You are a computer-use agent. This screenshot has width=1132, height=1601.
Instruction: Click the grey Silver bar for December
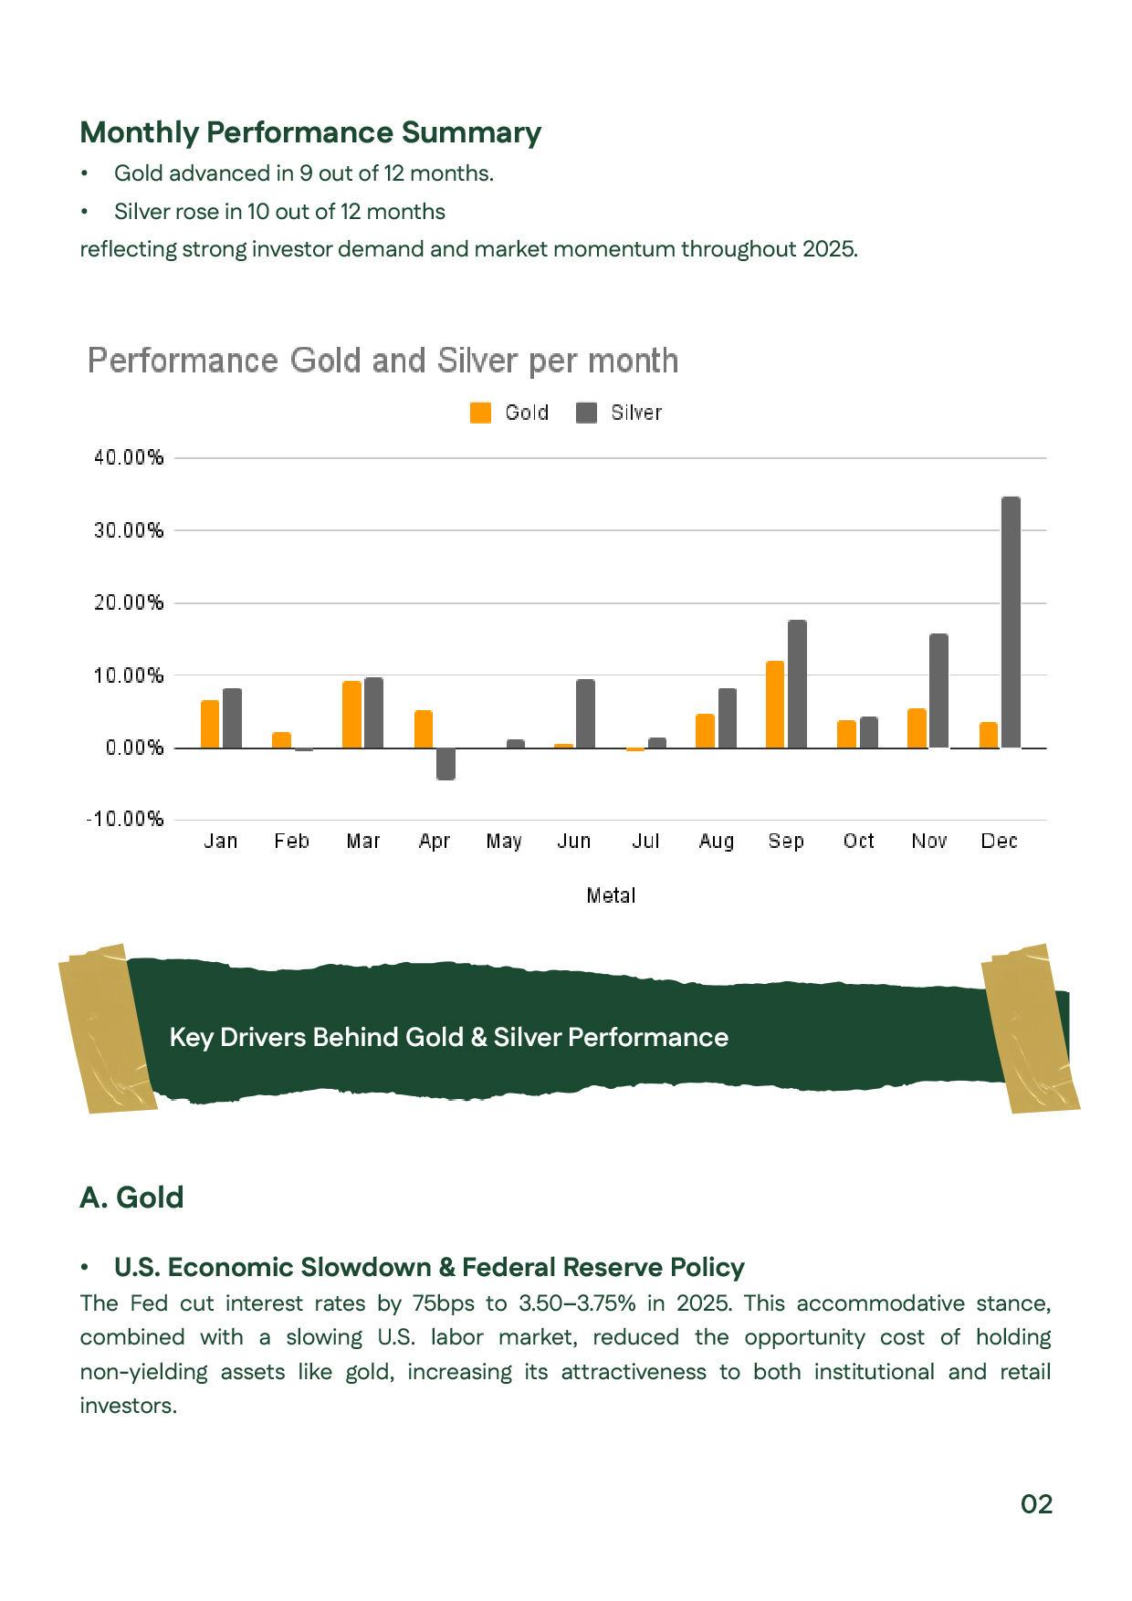coord(1011,623)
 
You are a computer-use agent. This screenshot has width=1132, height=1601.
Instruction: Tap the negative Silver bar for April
coord(445,764)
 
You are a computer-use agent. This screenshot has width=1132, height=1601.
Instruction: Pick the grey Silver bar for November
coord(938,691)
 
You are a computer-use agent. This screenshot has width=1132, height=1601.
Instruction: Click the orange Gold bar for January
coord(210,724)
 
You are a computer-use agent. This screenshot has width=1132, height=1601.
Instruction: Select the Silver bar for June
coord(585,714)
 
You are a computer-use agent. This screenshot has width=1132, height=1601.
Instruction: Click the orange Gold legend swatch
coord(480,413)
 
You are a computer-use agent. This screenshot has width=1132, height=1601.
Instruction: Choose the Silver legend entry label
coord(636,413)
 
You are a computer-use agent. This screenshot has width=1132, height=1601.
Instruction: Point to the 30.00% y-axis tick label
coord(129,530)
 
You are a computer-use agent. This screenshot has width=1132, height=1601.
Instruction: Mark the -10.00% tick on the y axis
coord(125,819)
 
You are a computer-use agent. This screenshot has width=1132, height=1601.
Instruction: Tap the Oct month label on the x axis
coord(858,841)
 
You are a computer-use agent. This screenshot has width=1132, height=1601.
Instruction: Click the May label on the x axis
coord(504,841)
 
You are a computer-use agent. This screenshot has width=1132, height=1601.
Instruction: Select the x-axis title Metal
coord(611,895)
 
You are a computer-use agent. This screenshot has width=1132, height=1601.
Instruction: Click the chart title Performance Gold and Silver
coord(383,361)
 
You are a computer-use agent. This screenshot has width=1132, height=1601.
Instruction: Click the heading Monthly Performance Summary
coord(310,132)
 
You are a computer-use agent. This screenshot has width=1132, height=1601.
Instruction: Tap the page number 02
coord(1036,1504)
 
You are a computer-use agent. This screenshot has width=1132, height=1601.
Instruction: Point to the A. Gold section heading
coord(131,1197)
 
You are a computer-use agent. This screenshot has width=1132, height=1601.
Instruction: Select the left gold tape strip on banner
coord(107,1029)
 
